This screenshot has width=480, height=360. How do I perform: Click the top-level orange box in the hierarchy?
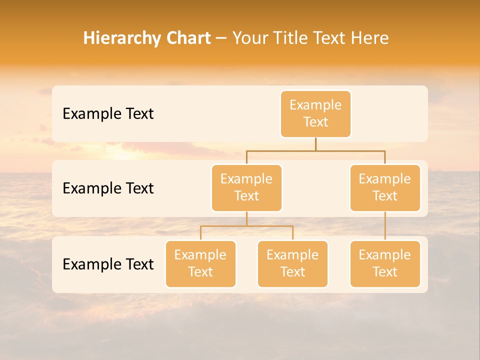coord(315,114)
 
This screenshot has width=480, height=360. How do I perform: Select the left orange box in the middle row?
coord(246,188)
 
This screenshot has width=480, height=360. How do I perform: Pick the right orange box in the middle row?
coord(385,188)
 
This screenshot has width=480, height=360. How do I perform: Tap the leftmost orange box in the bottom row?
coord(200,264)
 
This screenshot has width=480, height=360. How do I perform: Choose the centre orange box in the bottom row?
coord(292,264)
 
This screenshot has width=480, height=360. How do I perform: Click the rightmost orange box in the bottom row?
coord(385,264)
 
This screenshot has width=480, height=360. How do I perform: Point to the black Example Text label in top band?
coord(108,114)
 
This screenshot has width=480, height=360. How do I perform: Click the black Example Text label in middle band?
coord(108,188)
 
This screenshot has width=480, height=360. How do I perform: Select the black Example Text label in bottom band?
coord(108,264)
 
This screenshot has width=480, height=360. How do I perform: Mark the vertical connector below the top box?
coord(315,144)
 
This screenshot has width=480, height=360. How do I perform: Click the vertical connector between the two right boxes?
coord(385,226)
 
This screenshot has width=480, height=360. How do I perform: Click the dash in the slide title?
coord(221,39)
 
